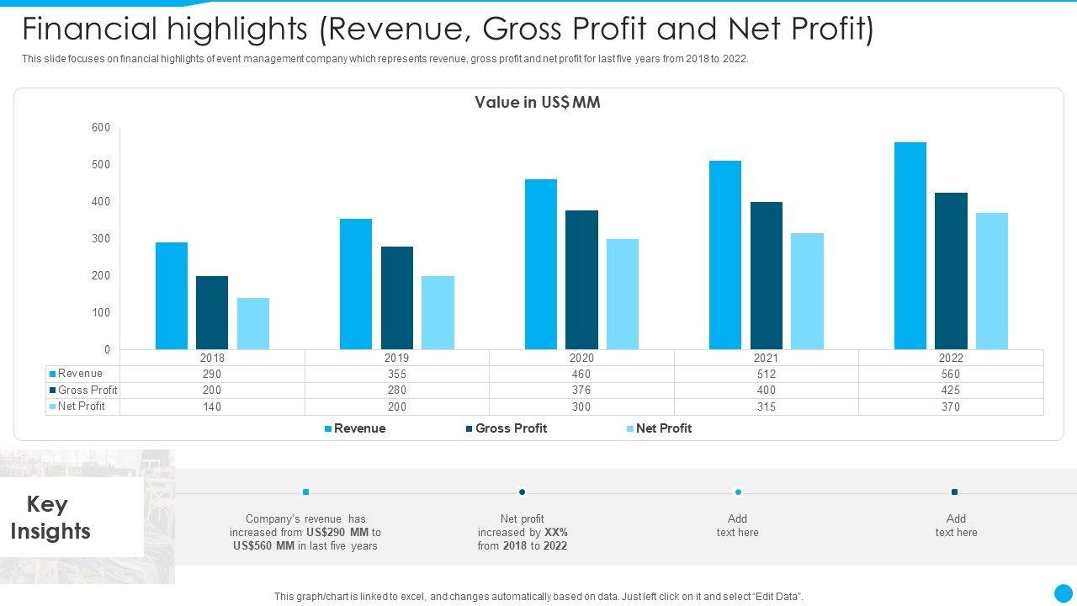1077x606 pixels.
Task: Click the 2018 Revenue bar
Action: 172,295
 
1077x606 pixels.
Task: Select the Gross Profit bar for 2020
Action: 581,279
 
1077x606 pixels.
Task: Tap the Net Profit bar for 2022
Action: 992,281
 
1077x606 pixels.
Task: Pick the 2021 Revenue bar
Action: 725,255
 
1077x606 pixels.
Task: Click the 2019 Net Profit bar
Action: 438,312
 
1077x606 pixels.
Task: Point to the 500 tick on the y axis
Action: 101,165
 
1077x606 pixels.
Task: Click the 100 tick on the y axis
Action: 101,313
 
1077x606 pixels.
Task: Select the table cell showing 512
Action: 766,374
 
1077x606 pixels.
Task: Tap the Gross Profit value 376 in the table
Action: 581,391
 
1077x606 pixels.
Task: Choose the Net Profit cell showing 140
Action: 212,407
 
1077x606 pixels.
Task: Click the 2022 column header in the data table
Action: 951,358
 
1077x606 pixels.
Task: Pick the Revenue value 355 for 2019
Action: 397,374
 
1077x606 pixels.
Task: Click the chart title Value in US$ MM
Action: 538,103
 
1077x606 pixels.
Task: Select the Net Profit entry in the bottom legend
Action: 663,428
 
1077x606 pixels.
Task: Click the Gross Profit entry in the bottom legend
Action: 510,428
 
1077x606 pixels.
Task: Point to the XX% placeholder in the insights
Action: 555,533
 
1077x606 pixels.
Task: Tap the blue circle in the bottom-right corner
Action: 1064,593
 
